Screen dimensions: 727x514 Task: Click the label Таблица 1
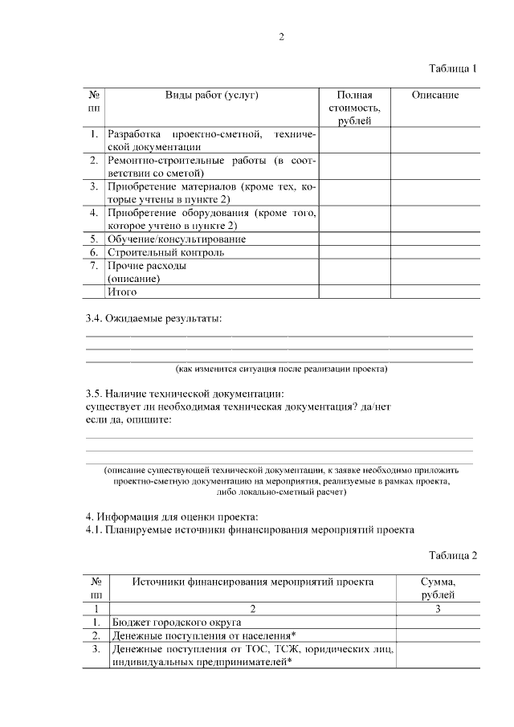(453, 68)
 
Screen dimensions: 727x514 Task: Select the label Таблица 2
(453, 555)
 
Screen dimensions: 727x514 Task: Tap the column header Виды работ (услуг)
(211, 95)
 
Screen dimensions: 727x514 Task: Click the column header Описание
(434, 95)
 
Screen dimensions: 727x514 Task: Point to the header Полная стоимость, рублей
(354, 108)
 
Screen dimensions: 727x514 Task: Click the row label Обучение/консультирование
(177, 239)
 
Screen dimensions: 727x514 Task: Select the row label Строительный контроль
(165, 251)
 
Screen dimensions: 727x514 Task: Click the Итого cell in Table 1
(122, 292)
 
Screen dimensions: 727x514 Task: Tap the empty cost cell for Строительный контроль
(354, 251)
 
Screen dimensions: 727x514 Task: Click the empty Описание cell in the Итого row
(434, 292)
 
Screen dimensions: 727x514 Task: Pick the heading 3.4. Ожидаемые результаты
(153, 318)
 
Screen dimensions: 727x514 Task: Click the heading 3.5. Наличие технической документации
(184, 394)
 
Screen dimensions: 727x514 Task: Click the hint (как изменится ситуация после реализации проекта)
(282, 369)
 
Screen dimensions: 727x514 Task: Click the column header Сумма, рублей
(438, 588)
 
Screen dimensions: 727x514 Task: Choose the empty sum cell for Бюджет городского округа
(438, 622)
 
